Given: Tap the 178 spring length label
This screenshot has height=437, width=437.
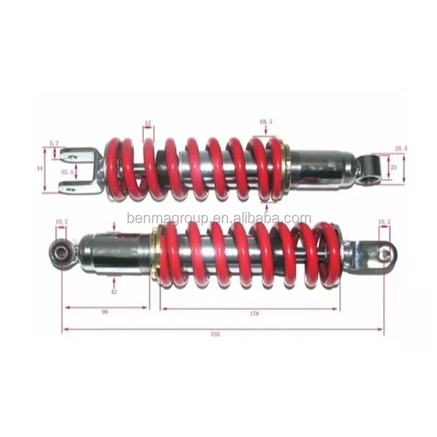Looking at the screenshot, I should [x=255, y=313].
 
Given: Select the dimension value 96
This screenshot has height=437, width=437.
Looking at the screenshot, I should [x=105, y=312].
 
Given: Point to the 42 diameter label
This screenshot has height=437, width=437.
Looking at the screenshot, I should [x=114, y=292].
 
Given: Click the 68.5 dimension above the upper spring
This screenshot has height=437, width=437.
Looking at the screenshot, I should [x=267, y=122].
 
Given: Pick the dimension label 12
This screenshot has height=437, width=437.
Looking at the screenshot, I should [x=147, y=123].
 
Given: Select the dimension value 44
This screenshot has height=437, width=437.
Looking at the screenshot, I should [x=39, y=168].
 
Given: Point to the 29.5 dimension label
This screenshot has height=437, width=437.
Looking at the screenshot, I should [x=401, y=149].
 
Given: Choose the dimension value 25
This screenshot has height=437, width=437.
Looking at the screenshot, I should [x=393, y=167].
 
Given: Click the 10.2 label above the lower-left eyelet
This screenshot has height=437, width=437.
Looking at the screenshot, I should [x=61, y=221].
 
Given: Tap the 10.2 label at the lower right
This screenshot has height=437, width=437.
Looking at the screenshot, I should [x=384, y=221].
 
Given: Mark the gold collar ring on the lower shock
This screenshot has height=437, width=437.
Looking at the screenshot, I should [x=155, y=254].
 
